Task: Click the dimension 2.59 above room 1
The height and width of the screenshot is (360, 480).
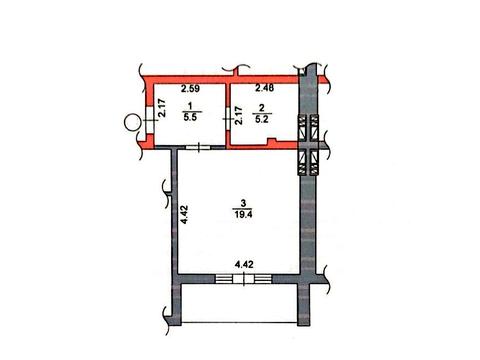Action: (x=190, y=89)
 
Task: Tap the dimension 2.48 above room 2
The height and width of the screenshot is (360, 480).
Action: (x=265, y=88)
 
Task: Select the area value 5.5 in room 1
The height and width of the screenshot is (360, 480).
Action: (x=190, y=117)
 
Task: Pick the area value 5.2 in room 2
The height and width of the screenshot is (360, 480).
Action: (x=262, y=119)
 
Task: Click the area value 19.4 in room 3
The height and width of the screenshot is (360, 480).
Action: (x=243, y=214)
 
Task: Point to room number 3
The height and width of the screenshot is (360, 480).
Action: (x=243, y=203)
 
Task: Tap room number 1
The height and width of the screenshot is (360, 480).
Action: (x=190, y=106)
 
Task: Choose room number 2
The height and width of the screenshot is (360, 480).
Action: (x=262, y=108)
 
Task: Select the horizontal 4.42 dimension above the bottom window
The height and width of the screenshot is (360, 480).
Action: (x=244, y=265)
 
